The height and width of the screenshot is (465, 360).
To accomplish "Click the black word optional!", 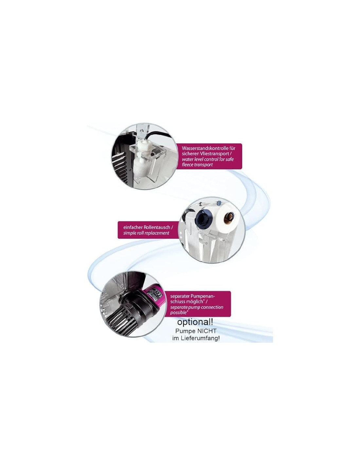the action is tap(195, 322).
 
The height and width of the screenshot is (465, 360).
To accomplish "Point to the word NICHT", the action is tap(206, 331).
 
